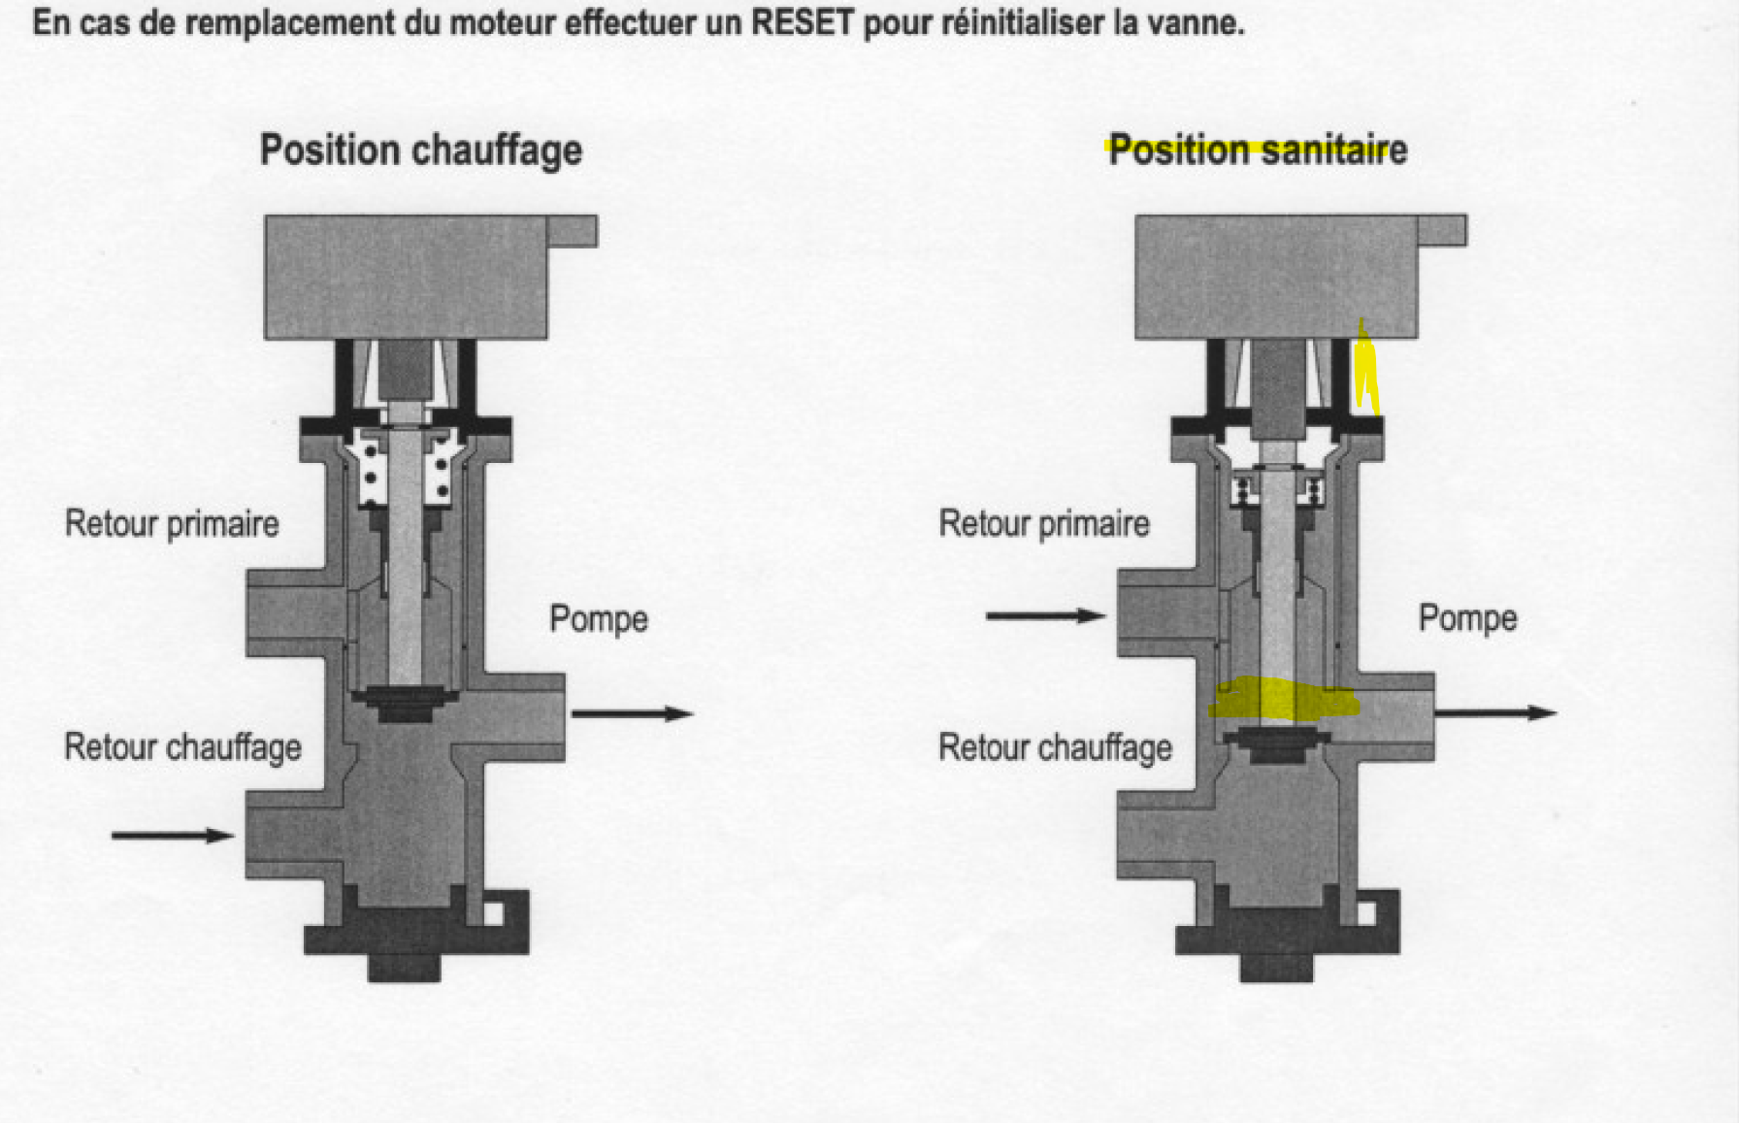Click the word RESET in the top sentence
802,21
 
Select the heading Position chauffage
421,150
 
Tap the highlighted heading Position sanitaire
1258,150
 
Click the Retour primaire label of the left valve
172,524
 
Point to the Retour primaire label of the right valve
1044,524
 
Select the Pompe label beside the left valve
599,619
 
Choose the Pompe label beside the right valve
1467,618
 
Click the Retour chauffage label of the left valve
182,747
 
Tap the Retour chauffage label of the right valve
1055,747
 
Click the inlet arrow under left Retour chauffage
173,835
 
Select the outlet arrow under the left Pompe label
632,714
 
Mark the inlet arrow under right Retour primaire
1045,615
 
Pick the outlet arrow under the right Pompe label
1495,712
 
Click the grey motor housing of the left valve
406,277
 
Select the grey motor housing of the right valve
1276,277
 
